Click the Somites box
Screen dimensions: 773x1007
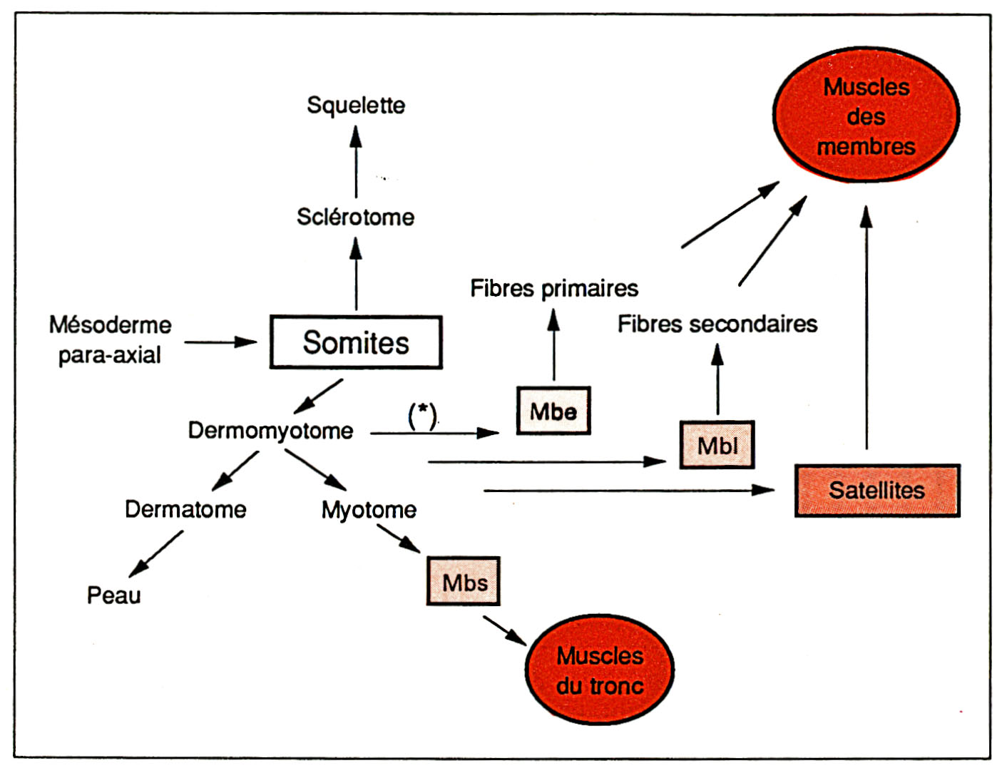tap(356, 342)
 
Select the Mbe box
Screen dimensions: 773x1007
tap(553, 411)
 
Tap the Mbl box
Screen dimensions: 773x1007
tap(717, 445)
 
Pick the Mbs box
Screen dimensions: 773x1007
tap(464, 581)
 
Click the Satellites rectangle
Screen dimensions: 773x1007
tap(877, 491)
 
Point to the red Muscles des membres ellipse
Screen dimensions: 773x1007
tap(866, 116)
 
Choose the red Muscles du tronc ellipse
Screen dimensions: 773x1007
tap(600, 670)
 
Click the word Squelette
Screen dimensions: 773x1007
tap(356, 106)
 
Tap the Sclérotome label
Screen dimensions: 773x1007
tap(356, 217)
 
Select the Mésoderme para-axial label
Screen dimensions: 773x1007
tap(110, 339)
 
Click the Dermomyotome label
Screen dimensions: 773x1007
tap(270, 431)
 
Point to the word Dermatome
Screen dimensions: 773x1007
tap(185, 509)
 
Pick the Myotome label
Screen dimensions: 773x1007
tap(369, 510)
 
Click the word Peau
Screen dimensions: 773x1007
tap(114, 595)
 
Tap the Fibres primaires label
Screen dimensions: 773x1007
tap(554, 288)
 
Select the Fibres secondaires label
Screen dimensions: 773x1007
tap(717, 324)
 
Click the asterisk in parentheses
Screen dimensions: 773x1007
tap(422, 414)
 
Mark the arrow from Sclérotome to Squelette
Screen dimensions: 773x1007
tap(356, 162)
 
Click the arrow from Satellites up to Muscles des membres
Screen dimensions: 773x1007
tap(867, 328)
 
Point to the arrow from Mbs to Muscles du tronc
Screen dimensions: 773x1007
tap(504, 630)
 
